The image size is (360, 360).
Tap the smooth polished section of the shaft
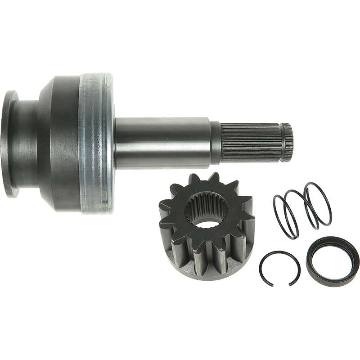point(162,142)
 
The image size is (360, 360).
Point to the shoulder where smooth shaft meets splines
point(216,142)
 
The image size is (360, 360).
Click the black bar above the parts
point(180,58)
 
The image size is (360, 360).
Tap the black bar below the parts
point(180,301)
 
